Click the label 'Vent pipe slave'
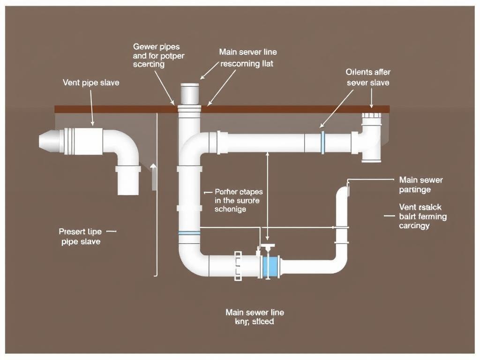click(x=90, y=82)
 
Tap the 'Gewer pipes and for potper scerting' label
click(x=159, y=55)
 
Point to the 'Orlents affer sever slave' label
click(x=368, y=77)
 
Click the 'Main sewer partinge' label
click(x=420, y=185)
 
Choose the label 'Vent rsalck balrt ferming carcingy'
click(x=422, y=216)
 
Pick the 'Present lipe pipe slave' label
click(x=80, y=236)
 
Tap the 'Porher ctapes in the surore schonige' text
click(x=238, y=201)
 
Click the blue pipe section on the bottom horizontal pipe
click(x=271, y=266)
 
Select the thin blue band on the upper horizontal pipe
click(x=322, y=142)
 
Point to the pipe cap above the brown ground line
click(x=189, y=93)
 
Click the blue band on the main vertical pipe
click(x=189, y=233)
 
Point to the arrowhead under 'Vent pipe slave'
click(x=93, y=124)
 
